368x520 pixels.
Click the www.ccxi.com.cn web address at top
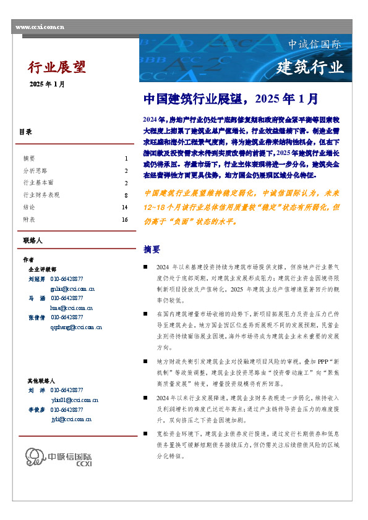[x=39, y=28]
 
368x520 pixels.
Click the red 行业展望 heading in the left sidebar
[x=57, y=67]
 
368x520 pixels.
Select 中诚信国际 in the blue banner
[x=315, y=44]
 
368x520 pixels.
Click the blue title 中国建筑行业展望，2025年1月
[x=231, y=99]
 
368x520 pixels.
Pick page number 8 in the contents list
[x=126, y=195]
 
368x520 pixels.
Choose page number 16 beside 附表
[x=124, y=220]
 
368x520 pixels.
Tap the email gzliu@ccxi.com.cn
[x=72, y=288]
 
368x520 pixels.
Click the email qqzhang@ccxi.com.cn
[x=76, y=327]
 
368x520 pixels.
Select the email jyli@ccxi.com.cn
[x=71, y=419]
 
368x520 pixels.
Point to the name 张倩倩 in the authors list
[x=37, y=317]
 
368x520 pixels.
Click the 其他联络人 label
[x=41, y=381]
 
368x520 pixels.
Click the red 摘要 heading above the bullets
[x=152, y=250]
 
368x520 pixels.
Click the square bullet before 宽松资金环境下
[x=145, y=433]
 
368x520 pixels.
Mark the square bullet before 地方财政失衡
[x=145, y=360]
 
